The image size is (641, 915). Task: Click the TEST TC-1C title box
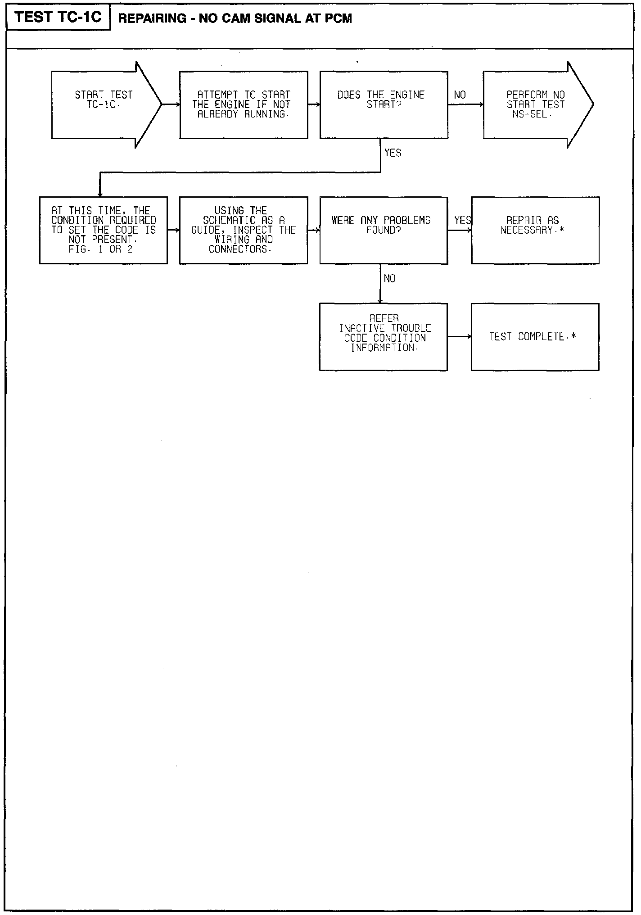[x=59, y=18]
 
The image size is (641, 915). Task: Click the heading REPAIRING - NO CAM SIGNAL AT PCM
[x=235, y=18]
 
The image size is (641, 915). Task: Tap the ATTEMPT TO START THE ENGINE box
[x=244, y=104]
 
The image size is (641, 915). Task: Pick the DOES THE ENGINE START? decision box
[x=384, y=104]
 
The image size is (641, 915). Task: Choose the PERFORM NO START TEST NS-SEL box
[x=535, y=104]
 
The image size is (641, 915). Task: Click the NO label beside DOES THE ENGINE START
[x=460, y=95]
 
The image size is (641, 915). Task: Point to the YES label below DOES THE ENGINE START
[x=393, y=153]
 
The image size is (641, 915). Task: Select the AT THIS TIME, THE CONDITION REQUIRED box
[x=104, y=230]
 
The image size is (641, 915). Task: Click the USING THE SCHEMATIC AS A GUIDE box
[x=244, y=230]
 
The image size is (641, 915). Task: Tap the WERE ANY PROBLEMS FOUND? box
[x=384, y=230]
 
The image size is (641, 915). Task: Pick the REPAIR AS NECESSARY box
[x=535, y=230]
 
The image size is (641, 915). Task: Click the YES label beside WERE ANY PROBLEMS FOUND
[x=462, y=220]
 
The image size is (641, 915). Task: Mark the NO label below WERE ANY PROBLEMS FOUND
[x=390, y=279]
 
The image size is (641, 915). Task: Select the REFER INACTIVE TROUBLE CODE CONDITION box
[x=384, y=337]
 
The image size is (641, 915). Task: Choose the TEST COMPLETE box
[x=535, y=337]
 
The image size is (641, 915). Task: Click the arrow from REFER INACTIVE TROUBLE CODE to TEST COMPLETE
[x=460, y=337]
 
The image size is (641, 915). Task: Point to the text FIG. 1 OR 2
[x=101, y=249]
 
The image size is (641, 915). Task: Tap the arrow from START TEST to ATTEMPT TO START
[x=171, y=104]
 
